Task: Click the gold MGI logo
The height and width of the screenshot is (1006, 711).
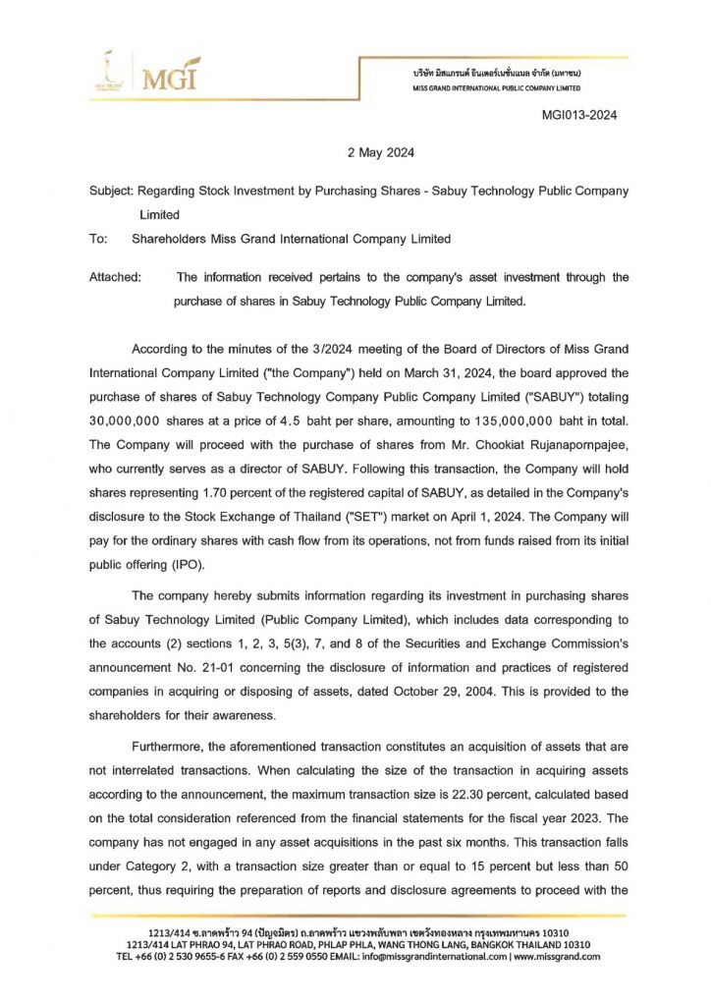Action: click(x=169, y=75)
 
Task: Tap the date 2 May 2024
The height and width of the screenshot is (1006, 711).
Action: click(x=382, y=152)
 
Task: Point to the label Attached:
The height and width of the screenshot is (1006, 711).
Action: click(x=115, y=277)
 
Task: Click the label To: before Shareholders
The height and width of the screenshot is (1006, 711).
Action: click(x=97, y=239)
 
